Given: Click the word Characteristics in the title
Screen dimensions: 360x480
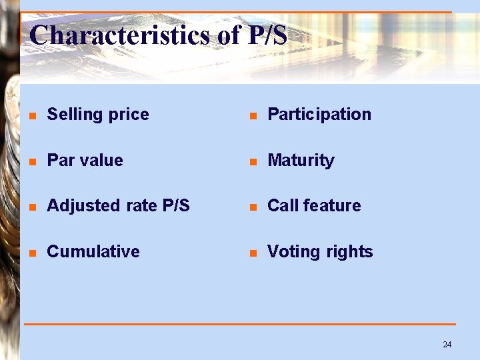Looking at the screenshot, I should [x=121, y=35].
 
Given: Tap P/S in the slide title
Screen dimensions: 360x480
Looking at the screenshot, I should [x=267, y=35].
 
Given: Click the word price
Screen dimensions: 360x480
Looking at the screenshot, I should [x=127, y=115].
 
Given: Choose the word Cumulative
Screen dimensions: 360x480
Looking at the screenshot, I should [x=93, y=252].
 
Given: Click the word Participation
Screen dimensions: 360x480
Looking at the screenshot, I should [x=319, y=115].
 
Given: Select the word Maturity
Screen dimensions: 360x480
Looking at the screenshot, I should [x=301, y=161].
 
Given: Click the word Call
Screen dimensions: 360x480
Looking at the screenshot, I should [x=283, y=206].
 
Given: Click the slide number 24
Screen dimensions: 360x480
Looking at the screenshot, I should [x=447, y=344].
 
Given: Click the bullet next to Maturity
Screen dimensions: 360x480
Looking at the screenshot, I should [x=253, y=162].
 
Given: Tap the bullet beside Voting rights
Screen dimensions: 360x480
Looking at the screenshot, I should [x=253, y=253].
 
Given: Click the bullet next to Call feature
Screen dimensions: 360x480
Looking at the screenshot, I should [x=253, y=207].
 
